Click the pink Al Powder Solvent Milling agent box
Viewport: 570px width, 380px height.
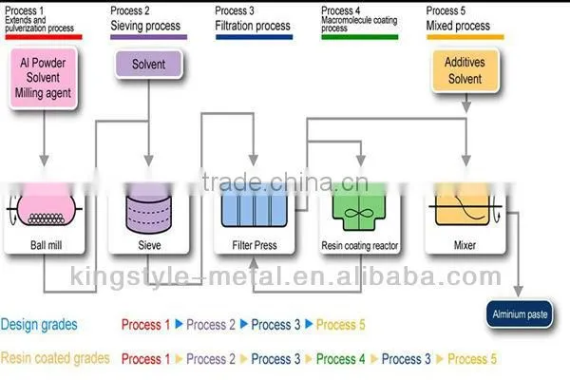coord(44,78)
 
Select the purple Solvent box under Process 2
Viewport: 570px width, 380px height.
coord(149,64)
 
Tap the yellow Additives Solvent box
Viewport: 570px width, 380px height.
coord(465,70)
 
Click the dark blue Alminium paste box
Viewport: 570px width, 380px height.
coord(520,313)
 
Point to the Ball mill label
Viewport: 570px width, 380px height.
coord(47,245)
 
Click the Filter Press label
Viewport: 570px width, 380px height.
coord(255,245)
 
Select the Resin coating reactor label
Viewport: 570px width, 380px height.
coord(359,246)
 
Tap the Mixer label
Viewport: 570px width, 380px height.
coord(465,245)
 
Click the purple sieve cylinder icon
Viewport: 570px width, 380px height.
coord(148,209)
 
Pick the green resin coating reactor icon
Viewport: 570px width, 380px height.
coord(359,207)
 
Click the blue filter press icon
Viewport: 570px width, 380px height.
coord(254,206)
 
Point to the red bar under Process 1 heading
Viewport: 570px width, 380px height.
coord(44,37)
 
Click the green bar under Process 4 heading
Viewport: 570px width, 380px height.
coord(359,37)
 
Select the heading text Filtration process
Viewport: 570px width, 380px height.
coord(253,26)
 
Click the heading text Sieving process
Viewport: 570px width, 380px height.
coord(145,26)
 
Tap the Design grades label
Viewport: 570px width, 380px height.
coord(39,324)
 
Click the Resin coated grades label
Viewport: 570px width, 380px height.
coord(55,358)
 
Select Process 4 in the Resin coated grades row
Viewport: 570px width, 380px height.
coord(341,359)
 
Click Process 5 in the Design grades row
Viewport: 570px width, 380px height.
coord(341,325)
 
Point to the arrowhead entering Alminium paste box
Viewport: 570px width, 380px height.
coord(519,292)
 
